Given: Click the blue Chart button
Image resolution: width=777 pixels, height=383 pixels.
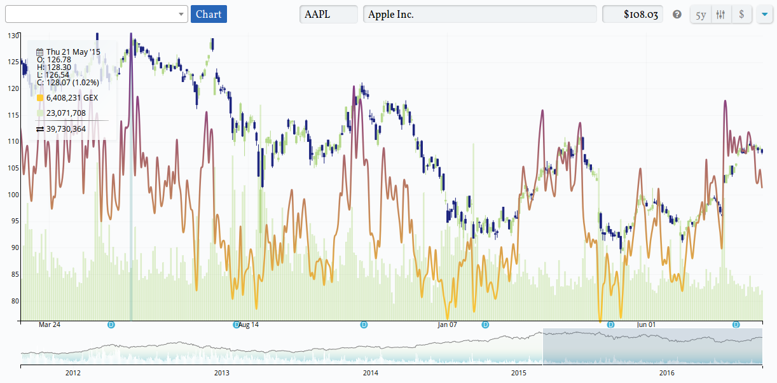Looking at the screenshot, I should [209, 14].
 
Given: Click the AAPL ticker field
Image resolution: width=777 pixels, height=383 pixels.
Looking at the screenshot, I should [328, 14].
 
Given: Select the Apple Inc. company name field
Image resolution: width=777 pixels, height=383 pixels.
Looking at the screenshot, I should [479, 14].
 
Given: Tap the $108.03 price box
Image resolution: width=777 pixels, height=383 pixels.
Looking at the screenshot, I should [632, 14].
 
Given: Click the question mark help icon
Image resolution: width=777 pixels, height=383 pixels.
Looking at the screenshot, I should [677, 15].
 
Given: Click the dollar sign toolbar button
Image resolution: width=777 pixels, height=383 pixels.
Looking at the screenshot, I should [741, 15].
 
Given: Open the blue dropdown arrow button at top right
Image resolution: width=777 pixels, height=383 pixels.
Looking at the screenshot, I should [764, 15].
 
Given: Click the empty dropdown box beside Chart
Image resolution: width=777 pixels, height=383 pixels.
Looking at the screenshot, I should [95, 14].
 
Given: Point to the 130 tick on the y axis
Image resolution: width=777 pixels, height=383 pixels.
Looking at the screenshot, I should [13, 36].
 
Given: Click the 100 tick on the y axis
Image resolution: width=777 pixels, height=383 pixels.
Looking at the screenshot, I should [13, 195].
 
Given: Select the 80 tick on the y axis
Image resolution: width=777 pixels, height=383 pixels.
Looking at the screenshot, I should [13, 301].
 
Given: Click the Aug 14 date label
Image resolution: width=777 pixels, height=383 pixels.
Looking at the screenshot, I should [247, 324].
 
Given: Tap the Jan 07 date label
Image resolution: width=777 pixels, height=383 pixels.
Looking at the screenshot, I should [447, 324].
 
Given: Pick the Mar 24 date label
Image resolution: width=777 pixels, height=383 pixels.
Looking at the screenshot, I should [50, 324].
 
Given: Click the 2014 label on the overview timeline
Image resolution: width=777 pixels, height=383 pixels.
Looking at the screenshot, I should [370, 373].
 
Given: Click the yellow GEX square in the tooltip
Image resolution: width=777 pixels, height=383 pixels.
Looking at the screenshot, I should [40, 98].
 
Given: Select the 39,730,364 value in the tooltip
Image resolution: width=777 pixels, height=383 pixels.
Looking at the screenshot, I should [66, 129].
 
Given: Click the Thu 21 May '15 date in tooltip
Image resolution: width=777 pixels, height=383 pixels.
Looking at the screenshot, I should [73, 52].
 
